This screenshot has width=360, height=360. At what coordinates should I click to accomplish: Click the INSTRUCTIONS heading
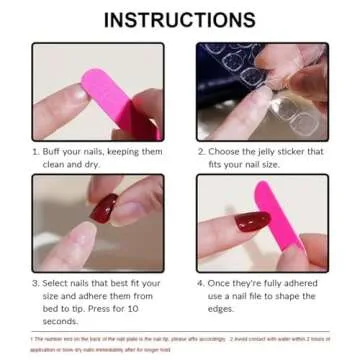tap(180, 20)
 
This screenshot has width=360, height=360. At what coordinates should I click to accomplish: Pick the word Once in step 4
tap(223, 285)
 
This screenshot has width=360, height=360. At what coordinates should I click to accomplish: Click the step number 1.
tap(35, 152)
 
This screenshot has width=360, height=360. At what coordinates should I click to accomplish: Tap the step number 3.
tap(35, 285)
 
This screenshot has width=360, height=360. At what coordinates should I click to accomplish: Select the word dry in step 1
tap(106, 164)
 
